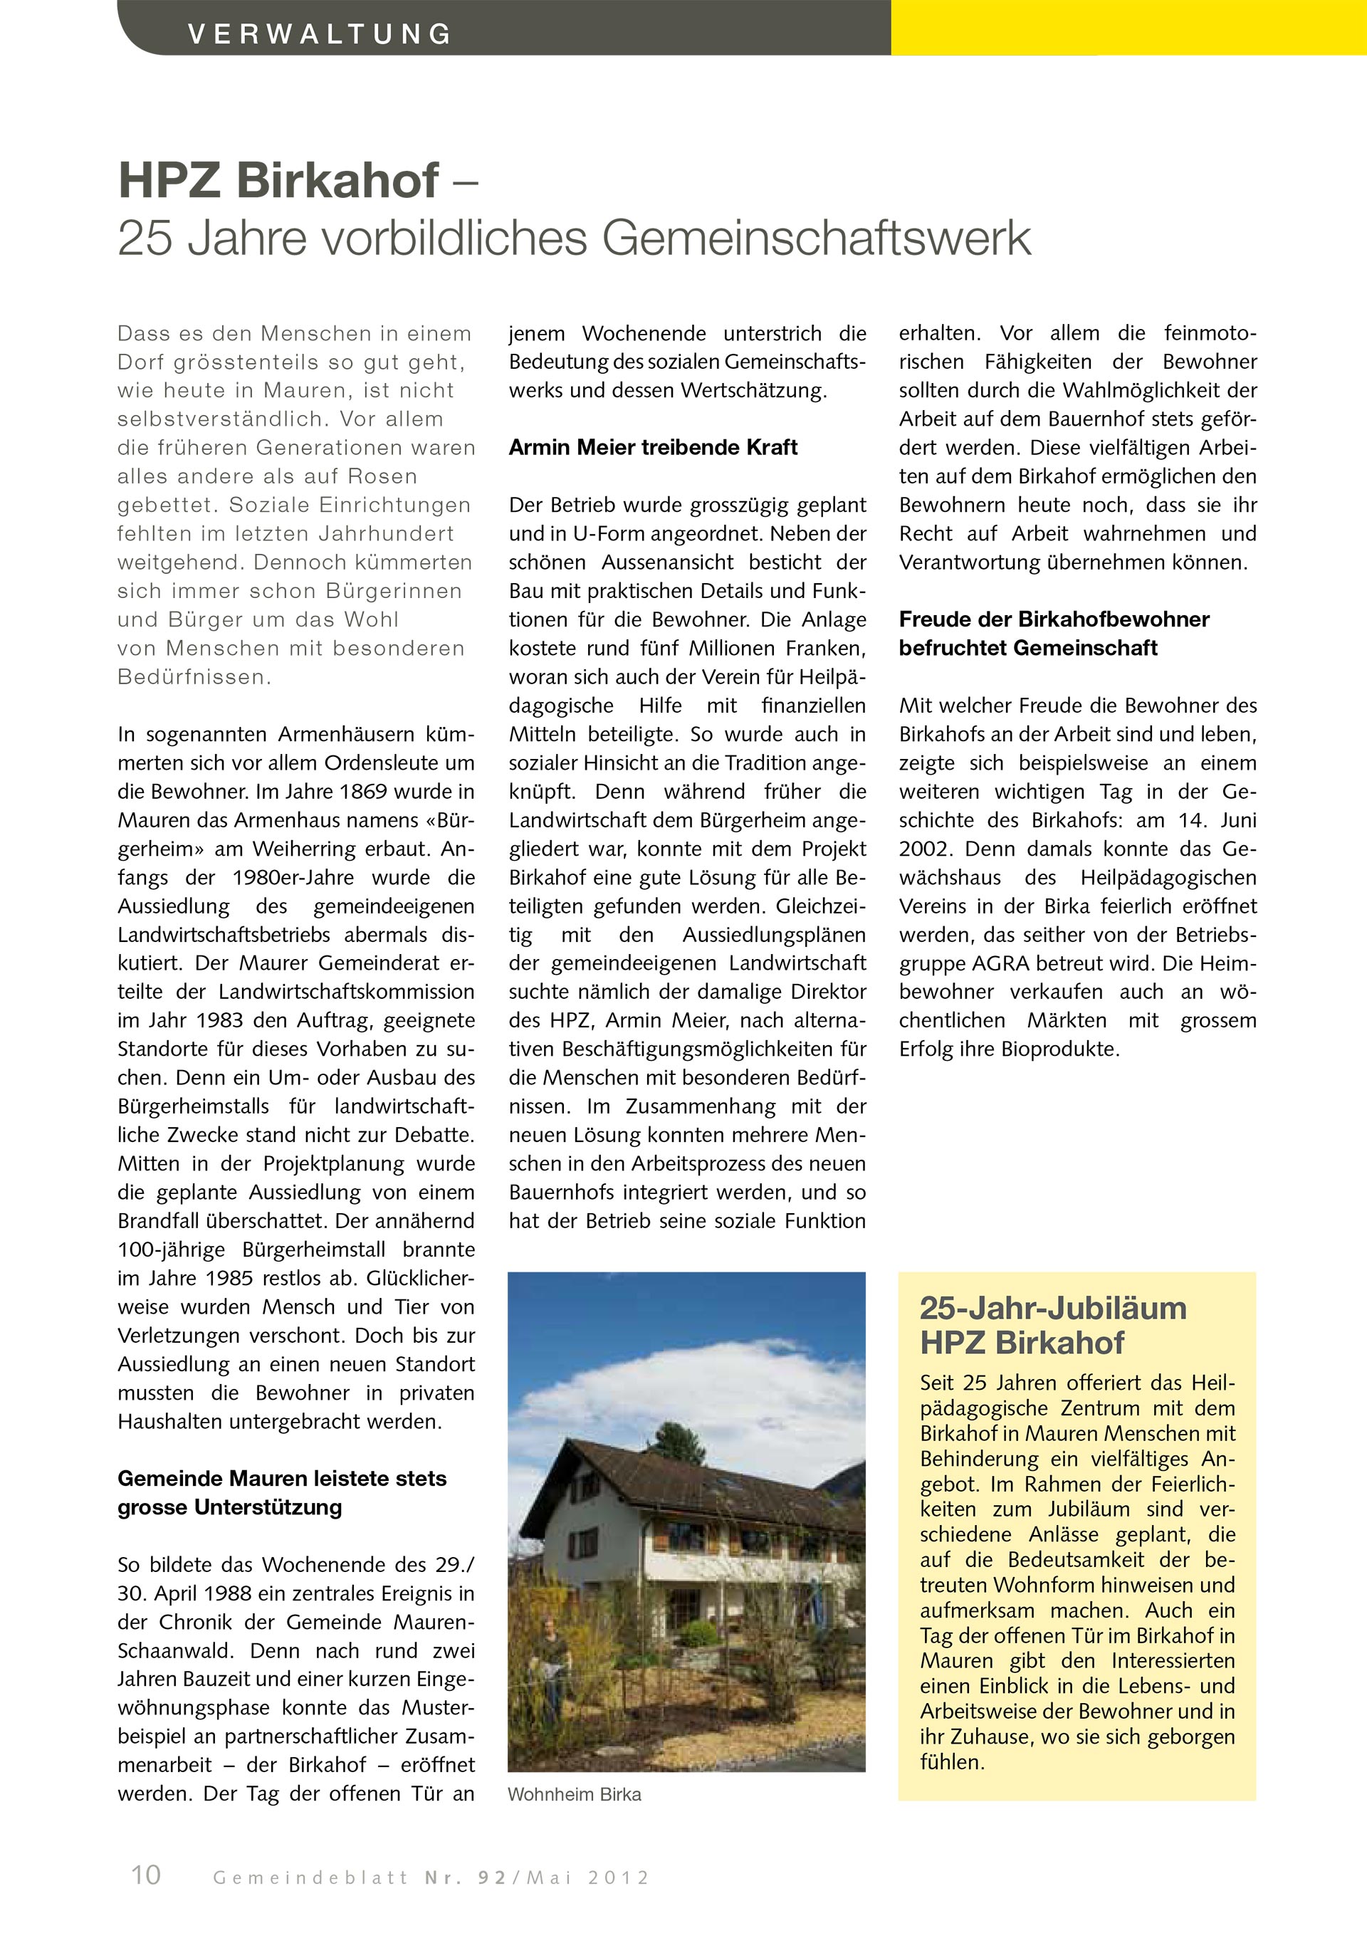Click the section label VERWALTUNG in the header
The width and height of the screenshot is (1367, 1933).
320,34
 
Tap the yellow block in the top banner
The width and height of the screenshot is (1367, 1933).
1128,28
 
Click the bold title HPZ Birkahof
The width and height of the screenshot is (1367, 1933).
278,180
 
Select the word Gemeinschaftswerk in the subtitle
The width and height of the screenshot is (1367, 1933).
816,239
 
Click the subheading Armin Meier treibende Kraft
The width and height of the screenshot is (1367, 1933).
652,447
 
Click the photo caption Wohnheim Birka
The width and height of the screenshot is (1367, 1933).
574,1794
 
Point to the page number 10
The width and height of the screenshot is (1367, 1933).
146,1874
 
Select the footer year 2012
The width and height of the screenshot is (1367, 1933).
619,1878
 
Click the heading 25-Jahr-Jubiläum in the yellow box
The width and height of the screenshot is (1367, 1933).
1053,1309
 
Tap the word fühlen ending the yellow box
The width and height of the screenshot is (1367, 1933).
951,1762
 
